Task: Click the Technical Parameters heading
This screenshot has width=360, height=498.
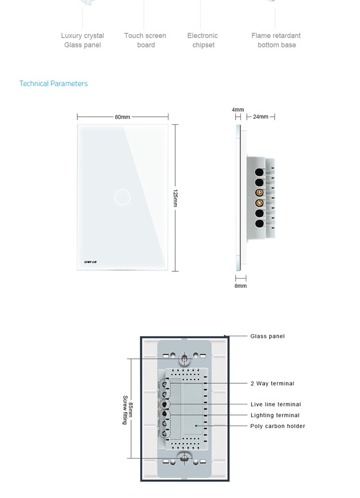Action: click(x=53, y=84)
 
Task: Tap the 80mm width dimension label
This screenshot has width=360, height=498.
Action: click(x=122, y=117)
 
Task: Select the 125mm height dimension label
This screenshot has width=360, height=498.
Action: click(x=175, y=198)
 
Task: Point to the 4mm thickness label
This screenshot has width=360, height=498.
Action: click(x=238, y=109)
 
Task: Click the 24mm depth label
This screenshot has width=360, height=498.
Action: click(x=261, y=117)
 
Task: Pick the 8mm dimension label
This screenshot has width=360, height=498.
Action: click(x=240, y=286)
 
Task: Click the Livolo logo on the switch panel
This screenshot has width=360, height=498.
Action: click(x=90, y=262)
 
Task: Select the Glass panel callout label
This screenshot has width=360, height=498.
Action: click(x=267, y=336)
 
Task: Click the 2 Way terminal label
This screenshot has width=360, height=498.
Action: click(x=272, y=383)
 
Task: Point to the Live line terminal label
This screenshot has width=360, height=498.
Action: click(x=276, y=404)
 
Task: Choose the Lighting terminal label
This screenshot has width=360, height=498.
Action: click(x=275, y=415)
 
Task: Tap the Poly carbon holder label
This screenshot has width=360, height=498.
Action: click(x=277, y=426)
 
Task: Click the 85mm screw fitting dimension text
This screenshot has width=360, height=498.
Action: click(x=128, y=410)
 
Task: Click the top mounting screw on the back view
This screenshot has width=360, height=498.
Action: click(x=184, y=359)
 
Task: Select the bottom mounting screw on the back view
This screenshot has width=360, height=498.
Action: click(x=184, y=458)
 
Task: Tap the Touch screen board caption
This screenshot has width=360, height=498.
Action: click(x=145, y=40)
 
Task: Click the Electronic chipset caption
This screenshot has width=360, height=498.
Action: click(x=203, y=40)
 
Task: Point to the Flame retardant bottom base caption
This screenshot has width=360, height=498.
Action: click(x=276, y=40)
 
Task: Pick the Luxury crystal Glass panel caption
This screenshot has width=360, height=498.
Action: click(x=83, y=40)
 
